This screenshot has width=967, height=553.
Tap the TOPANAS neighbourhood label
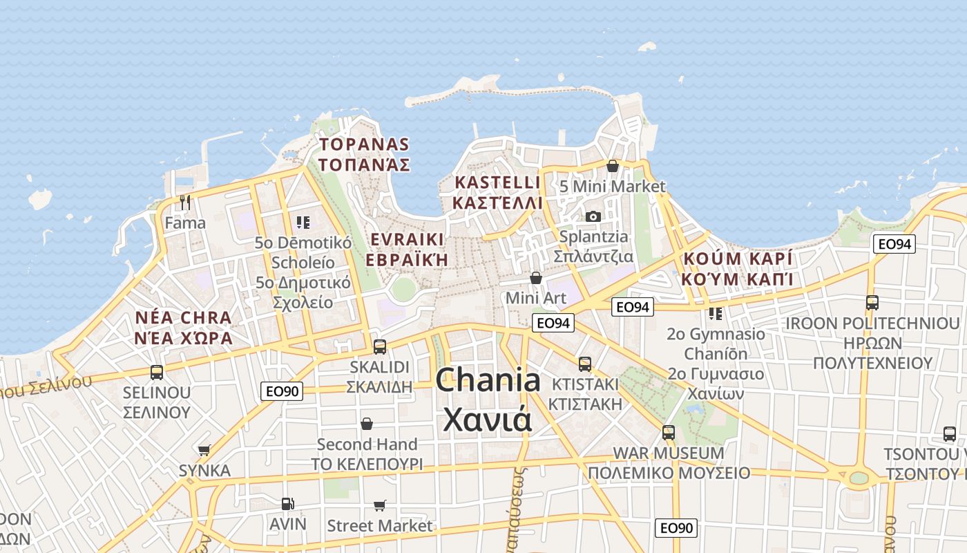click(364, 145)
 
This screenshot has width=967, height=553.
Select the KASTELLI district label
click(497, 183)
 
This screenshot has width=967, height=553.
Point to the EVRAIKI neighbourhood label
click(407, 240)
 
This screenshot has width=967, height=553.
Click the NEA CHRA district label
click(184, 319)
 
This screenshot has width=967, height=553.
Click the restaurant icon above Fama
click(184, 202)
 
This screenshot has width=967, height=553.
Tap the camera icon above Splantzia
click(593, 216)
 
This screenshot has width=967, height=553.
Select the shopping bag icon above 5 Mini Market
click(612, 166)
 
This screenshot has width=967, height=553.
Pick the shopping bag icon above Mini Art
click(535, 278)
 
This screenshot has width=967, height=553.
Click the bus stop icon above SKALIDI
click(379, 346)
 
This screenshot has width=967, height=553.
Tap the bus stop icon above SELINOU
click(157, 373)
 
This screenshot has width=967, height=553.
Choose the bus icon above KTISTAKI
click(585, 364)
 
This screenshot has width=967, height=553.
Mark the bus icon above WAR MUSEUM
click(668, 433)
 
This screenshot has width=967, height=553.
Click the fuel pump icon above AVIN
click(287, 504)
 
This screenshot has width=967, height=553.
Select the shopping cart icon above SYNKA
click(204, 451)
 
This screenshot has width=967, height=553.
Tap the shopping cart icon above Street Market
click(379, 506)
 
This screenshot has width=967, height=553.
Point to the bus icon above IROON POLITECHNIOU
click(872, 303)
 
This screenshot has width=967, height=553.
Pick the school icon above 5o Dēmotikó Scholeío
click(303, 223)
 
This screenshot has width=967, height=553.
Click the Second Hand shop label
click(367, 444)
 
